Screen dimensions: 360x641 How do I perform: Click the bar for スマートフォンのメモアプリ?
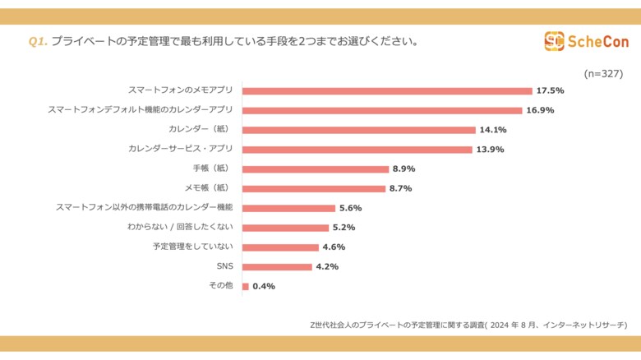tap(387, 91)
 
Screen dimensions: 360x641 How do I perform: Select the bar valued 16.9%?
tap(382, 110)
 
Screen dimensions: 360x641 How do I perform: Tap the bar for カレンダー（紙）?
tap(359, 130)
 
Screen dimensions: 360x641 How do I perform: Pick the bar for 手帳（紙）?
tap(316, 169)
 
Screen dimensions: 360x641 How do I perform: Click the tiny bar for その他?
tap(245, 286)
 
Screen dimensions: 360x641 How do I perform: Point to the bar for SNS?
tap(277, 266)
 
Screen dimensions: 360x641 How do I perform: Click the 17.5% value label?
tap(550, 91)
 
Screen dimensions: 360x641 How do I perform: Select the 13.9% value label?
tap(490, 150)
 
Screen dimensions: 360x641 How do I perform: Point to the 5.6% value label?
tap(351, 208)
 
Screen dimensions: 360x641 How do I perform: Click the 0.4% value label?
tap(264, 286)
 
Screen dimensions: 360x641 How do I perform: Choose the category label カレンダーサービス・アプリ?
tap(181, 149)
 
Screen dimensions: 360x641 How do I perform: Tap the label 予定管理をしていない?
tap(193, 247)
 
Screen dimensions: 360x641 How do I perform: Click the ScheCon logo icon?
tap(554, 40)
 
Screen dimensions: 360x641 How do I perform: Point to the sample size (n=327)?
tap(603, 73)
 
